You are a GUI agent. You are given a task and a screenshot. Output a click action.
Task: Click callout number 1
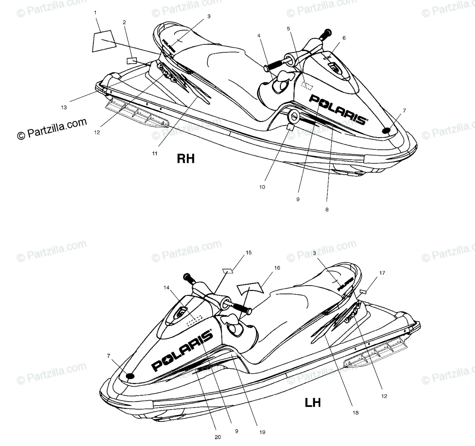click(x=95, y=13)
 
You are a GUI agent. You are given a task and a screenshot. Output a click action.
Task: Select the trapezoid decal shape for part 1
click(x=103, y=41)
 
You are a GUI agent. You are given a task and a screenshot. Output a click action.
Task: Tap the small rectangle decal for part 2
click(x=131, y=61)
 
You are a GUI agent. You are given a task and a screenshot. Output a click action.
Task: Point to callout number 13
click(x=64, y=107)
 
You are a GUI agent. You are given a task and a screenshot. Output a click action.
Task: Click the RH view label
click(x=186, y=159)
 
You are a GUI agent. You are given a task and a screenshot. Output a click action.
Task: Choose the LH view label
click(x=312, y=403)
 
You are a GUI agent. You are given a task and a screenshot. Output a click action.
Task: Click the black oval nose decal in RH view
click(x=387, y=130)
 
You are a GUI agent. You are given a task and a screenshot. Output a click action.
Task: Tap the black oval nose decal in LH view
click(x=129, y=376)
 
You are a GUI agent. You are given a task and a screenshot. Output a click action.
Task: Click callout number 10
click(x=262, y=187)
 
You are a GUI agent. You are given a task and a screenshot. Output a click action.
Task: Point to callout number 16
click(x=277, y=268)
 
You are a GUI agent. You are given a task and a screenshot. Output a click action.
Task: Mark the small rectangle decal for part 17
click(x=363, y=292)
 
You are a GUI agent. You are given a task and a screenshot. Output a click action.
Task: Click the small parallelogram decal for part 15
click(x=228, y=271)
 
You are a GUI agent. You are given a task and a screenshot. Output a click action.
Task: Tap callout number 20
click(x=218, y=437)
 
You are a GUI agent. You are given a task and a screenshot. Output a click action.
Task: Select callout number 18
click(x=355, y=413)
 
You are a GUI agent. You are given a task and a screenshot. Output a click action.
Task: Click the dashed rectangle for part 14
click(x=194, y=320)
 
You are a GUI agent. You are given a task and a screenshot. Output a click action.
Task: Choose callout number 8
click(x=327, y=210)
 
